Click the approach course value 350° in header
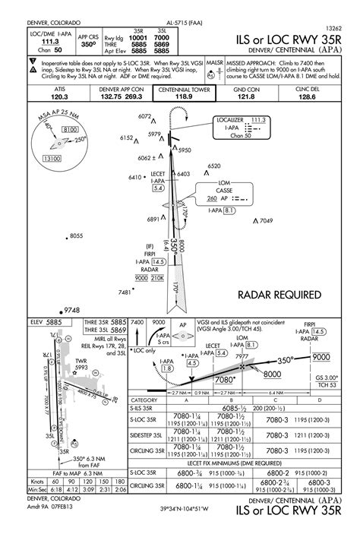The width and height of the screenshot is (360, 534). pyautogui.click(x=88, y=45)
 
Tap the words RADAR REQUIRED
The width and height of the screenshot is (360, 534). pyautogui.click(x=279, y=295)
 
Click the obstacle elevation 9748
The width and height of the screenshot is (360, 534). pyautogui.click(x=72, y=310)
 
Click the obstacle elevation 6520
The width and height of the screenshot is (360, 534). pyautogui.click(x=214, y=166)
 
